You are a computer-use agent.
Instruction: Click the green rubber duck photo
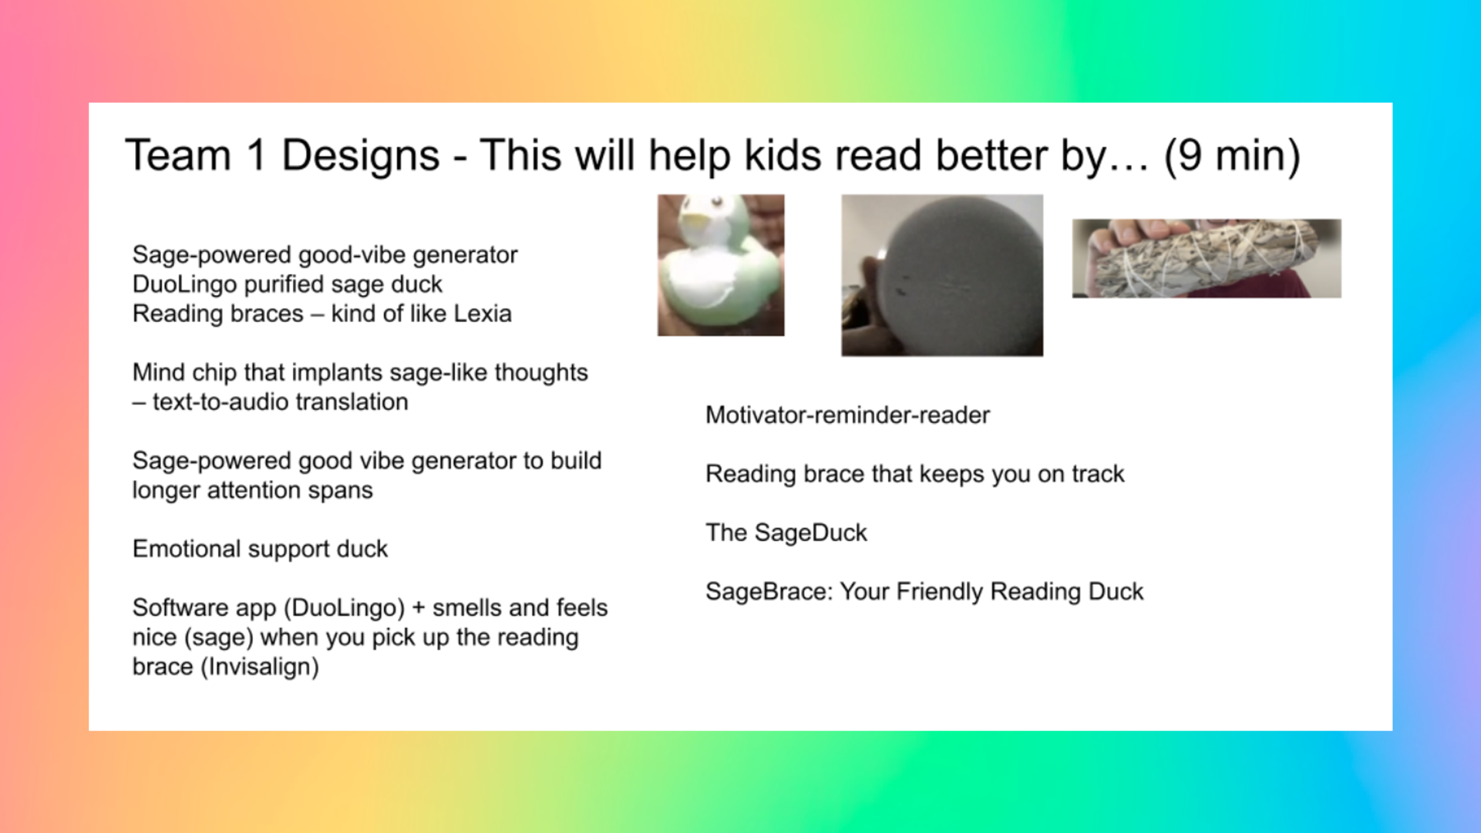721,265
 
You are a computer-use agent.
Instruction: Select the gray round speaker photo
942,275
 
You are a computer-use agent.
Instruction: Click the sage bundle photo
1207,259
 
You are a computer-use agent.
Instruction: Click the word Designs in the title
361,156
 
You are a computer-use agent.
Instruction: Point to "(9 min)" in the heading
1232,156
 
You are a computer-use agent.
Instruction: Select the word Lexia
482,314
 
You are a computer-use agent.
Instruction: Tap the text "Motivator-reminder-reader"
848,415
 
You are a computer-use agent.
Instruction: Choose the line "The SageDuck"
786,533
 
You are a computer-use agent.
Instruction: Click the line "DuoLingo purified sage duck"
288,285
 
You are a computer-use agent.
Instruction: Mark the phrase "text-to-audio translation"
281,402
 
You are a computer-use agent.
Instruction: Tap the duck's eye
717,202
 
